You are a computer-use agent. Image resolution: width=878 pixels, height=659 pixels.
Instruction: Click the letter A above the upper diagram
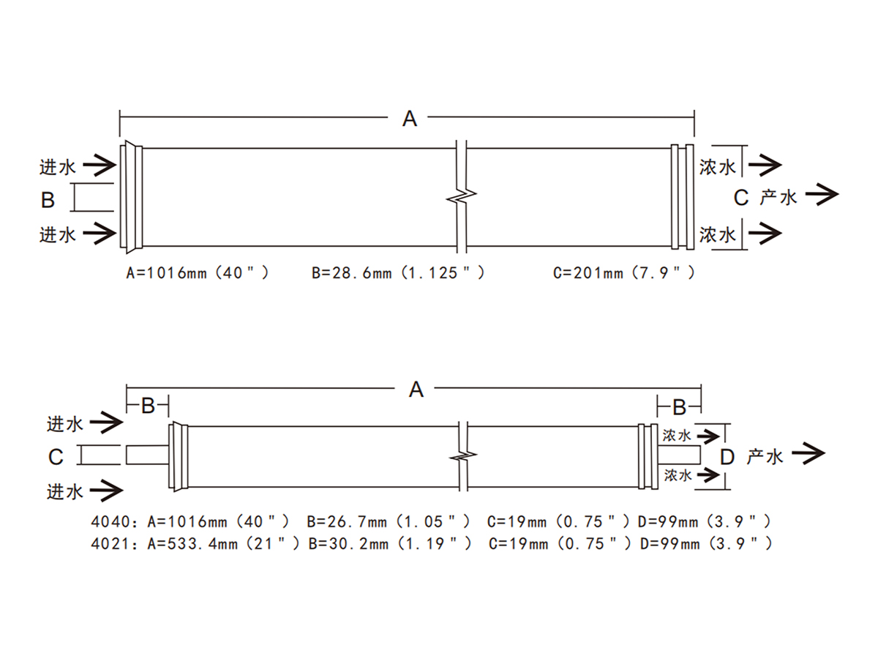coord(410,119)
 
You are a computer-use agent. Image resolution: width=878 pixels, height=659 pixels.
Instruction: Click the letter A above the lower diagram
coord(416,390)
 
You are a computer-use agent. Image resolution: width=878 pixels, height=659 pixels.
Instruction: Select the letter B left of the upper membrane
coord(48,200)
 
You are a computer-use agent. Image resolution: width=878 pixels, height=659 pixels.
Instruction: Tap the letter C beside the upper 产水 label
coord(740,198)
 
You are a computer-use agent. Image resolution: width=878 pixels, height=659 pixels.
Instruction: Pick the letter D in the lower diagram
coord(727,457)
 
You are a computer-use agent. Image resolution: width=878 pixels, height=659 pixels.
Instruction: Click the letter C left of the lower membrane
coord(56,457)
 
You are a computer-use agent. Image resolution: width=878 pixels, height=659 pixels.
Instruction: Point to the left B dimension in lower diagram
coord(148,406)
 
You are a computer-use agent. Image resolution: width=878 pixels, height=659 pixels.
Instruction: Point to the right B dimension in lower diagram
coord(679,407)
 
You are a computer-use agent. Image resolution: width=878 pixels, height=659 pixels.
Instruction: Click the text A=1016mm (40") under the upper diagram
coord(198,273)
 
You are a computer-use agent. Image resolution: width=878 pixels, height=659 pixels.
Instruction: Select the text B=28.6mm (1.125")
coord(399,273)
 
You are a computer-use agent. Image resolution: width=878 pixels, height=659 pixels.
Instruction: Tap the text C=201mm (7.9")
coord(624,273)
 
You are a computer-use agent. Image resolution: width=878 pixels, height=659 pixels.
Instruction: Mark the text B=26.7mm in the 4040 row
coord(347,522)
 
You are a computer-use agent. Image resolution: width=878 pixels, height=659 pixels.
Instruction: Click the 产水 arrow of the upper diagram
coord(822,195)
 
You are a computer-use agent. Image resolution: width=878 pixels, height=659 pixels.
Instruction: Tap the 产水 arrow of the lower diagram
coord(808,453)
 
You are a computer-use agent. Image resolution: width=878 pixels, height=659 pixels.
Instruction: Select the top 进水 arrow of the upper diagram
coord(100,165)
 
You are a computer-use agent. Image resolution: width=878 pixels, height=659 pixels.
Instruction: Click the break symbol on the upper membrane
coord(462,196)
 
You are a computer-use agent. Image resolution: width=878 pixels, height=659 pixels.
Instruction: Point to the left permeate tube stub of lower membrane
coord(148,455)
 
